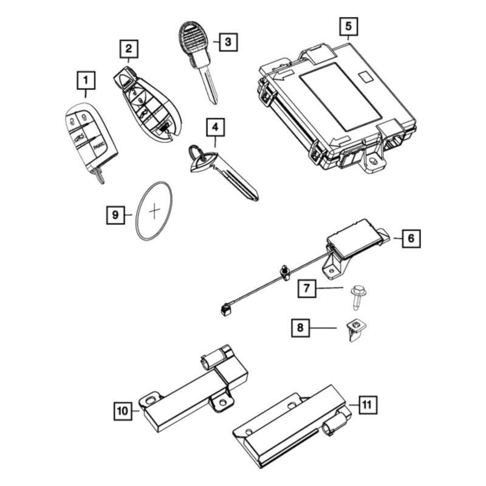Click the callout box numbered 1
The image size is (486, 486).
coord(86,80)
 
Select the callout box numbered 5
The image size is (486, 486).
coord(348,27)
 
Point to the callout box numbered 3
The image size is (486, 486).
coord(227,42)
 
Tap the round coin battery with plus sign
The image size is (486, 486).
coord(153,211)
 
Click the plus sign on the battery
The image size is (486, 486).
coord(154,210)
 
